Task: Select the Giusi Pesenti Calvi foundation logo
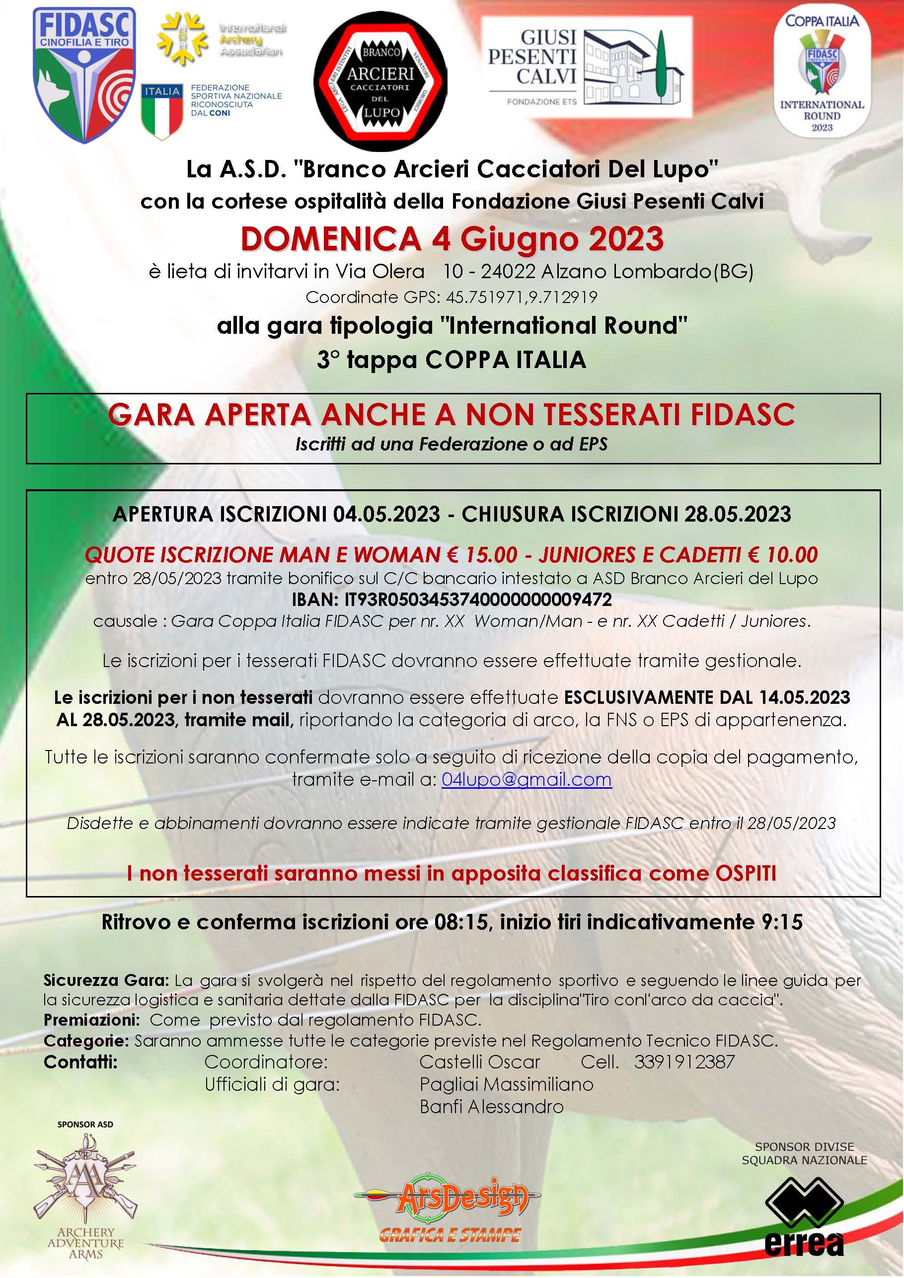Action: click(586, 66)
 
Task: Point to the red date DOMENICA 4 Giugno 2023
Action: click(452, 239)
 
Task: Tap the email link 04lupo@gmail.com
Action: click(526, 779)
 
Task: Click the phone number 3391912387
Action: click(684, 1061)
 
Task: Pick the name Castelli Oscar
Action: click(480, 1061)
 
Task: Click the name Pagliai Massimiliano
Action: click(506, 1084)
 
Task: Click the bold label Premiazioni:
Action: click(91, 1020)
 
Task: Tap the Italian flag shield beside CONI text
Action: click(162, 110)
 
